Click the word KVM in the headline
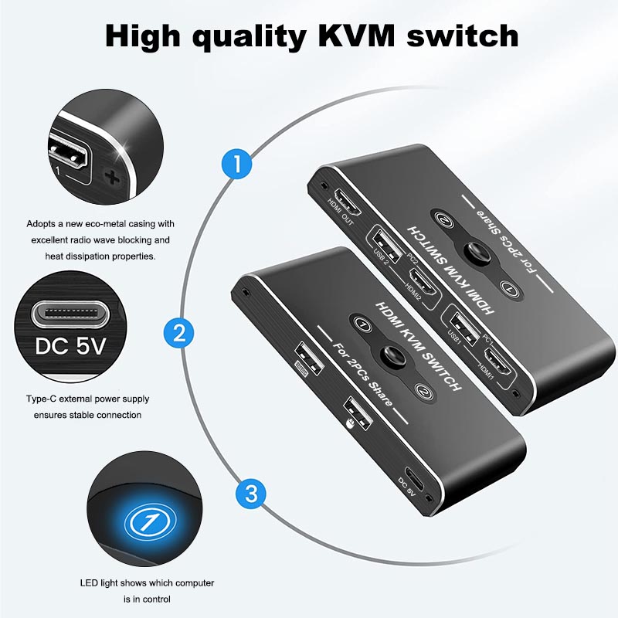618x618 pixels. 355,36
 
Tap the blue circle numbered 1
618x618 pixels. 237,164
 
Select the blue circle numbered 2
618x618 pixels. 179,333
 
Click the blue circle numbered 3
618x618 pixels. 251,494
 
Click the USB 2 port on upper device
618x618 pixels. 384,243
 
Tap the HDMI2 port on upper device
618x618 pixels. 423,282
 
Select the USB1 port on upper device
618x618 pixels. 462,327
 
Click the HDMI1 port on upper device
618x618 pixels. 497,362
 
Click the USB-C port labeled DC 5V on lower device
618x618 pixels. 414,479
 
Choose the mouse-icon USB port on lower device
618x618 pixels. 358,414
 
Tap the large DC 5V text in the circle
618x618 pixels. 70,346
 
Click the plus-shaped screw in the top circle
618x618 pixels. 112,178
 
